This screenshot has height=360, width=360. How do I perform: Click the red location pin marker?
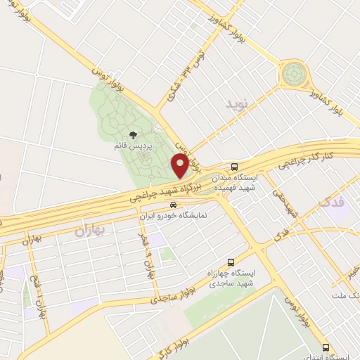click(x=180, y=166)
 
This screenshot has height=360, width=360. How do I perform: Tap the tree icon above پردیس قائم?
click(x=134, y=134)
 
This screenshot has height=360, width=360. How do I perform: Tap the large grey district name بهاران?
click(x=94, y=230)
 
